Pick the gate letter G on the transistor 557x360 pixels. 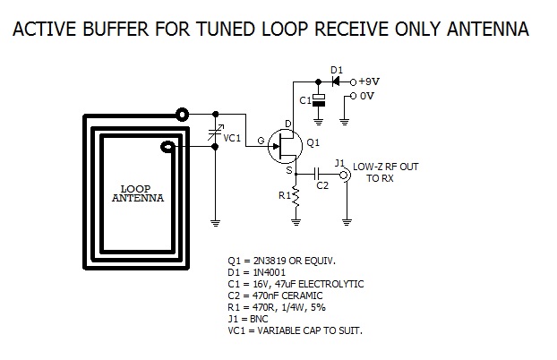click(261, 141)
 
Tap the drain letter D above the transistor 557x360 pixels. click(288, 123)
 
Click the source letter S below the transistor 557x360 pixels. click(289, 168)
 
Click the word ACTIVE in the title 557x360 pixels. click(42, 30)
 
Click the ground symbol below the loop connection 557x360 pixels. click(216, 220)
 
